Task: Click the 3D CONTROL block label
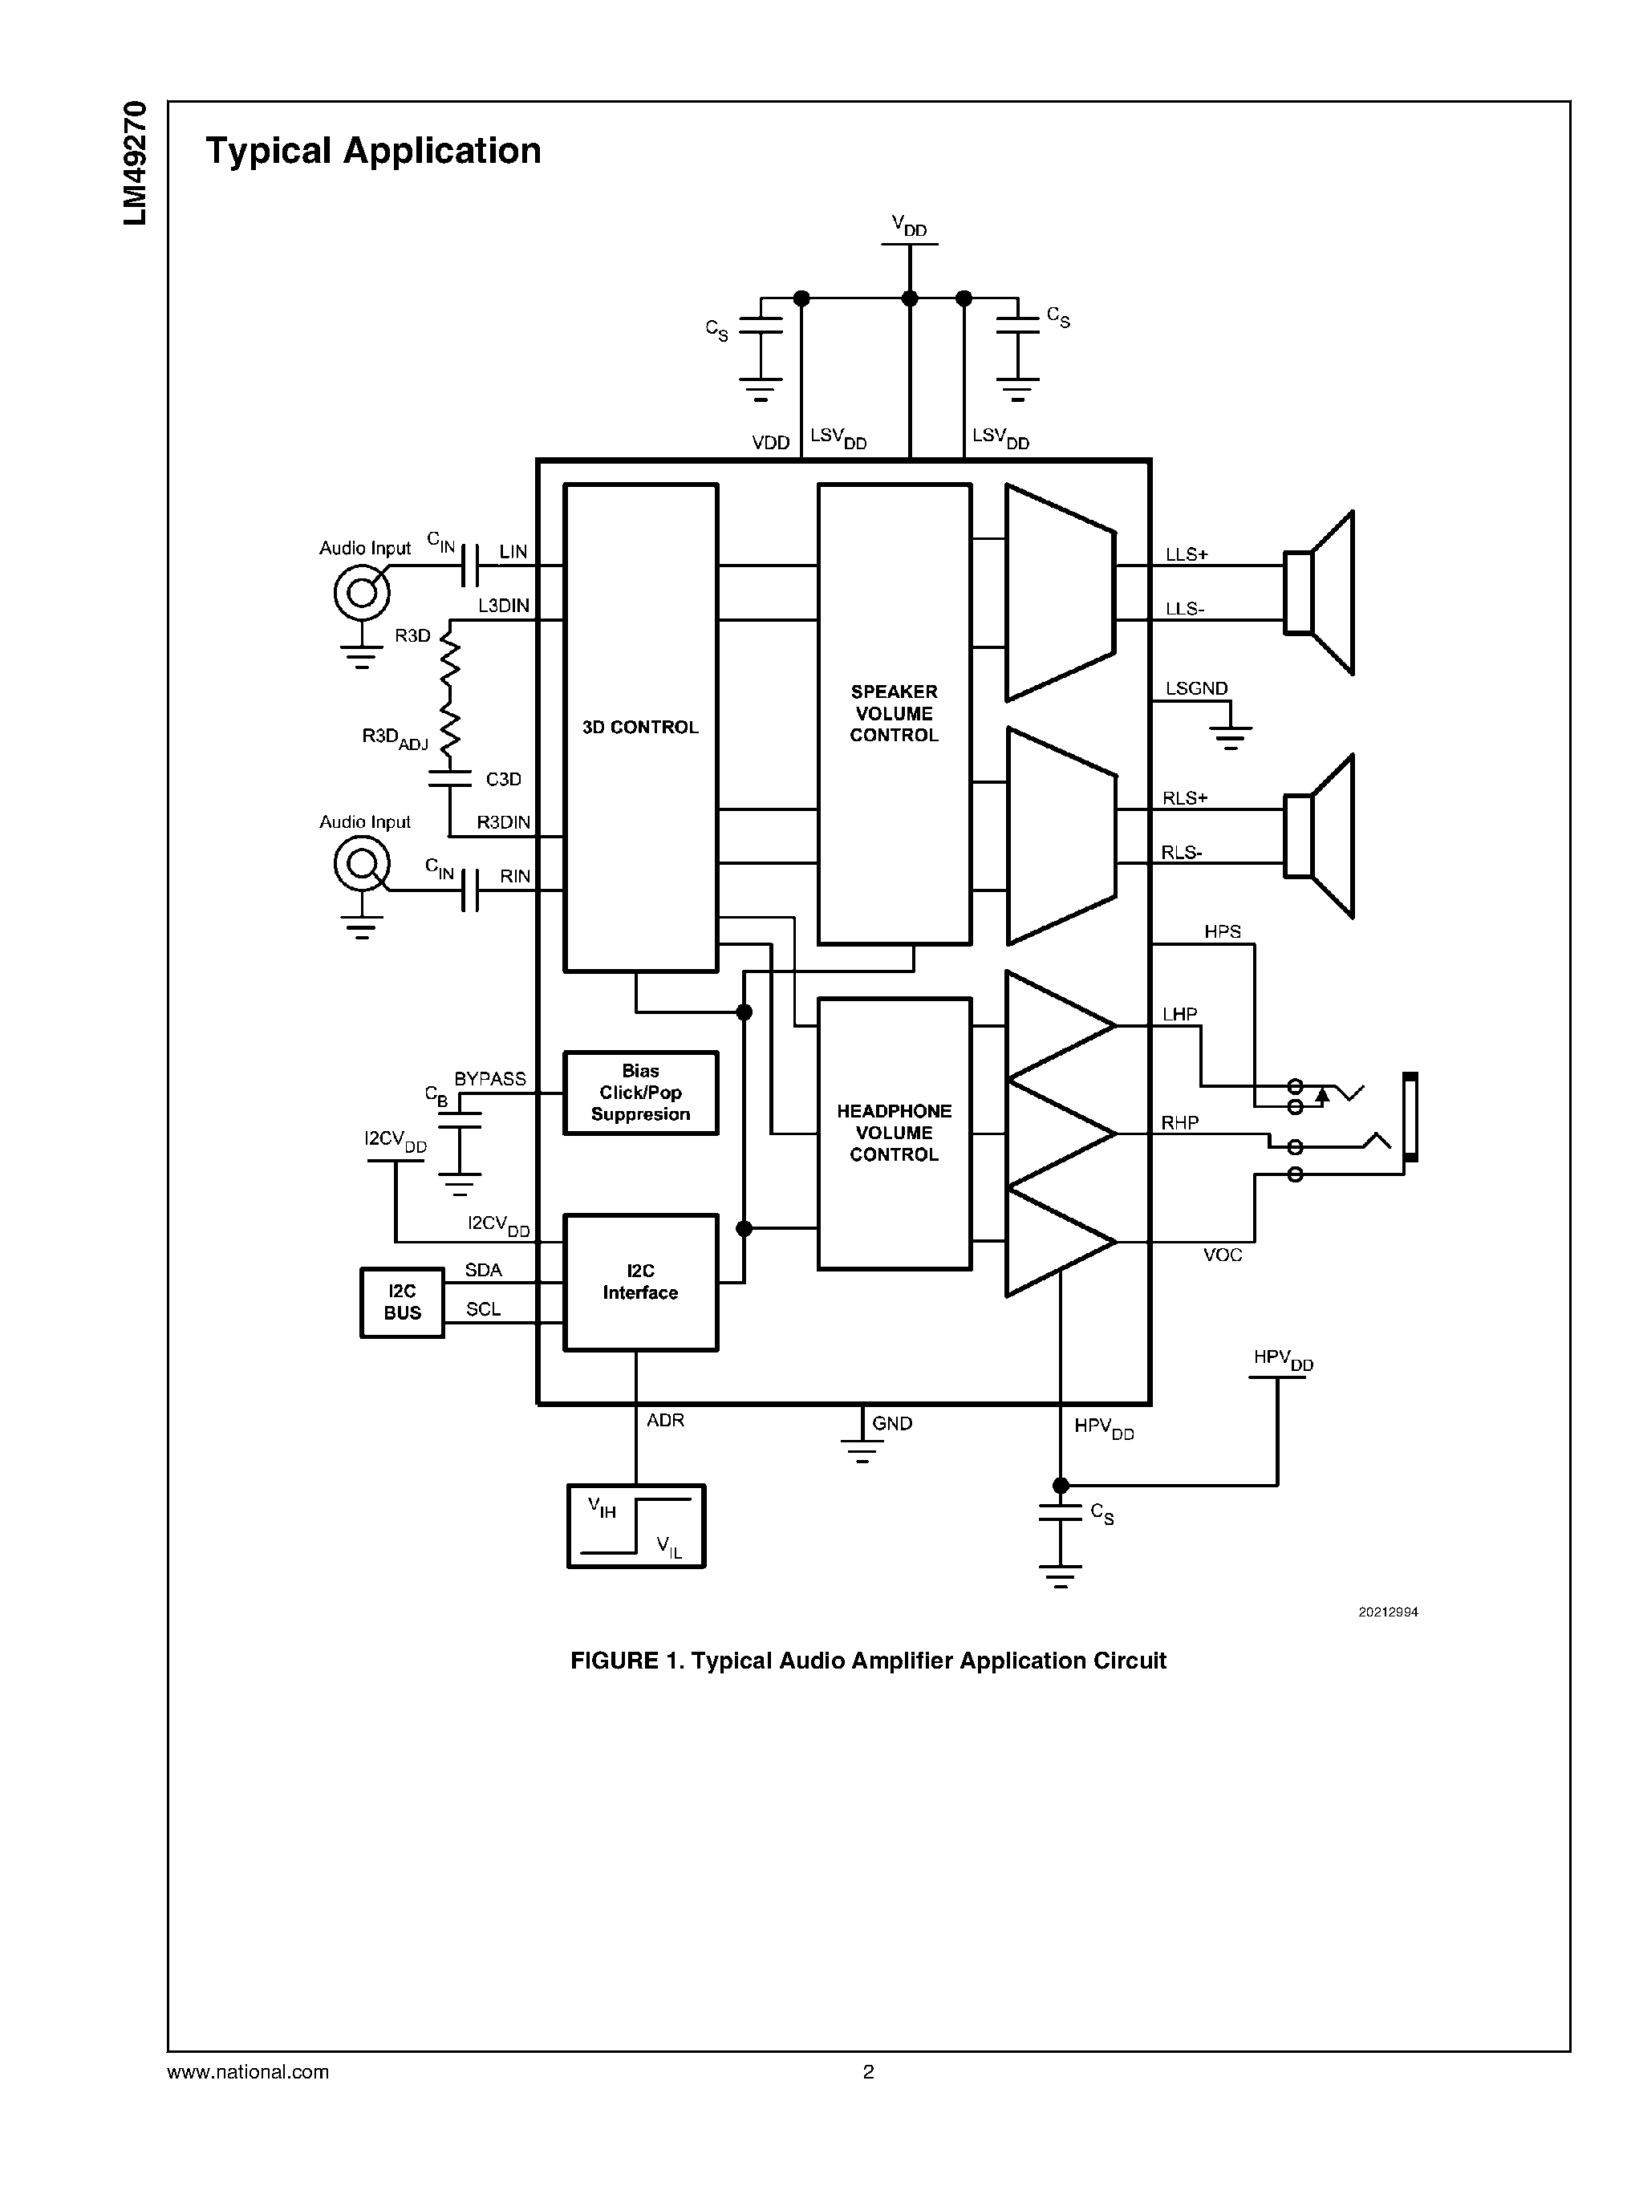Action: [639, 728]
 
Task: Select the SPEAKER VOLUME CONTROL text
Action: [894, 713]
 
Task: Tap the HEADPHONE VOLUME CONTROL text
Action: [894, 1133]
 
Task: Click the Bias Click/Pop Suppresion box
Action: [639, 1092]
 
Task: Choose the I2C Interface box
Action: [639, 1282]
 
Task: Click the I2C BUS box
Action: [402, 1302]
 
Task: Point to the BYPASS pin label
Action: [489, 1079]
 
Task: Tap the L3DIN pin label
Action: [504, 605]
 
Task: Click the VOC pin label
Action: [1223, 1255]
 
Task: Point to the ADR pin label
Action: [665, 1420]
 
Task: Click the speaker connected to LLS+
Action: [1320, 592]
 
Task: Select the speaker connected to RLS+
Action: [1320, 836]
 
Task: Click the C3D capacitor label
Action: [504, 779]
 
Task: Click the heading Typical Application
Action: [373, 151]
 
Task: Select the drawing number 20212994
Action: [1387, 1612]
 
